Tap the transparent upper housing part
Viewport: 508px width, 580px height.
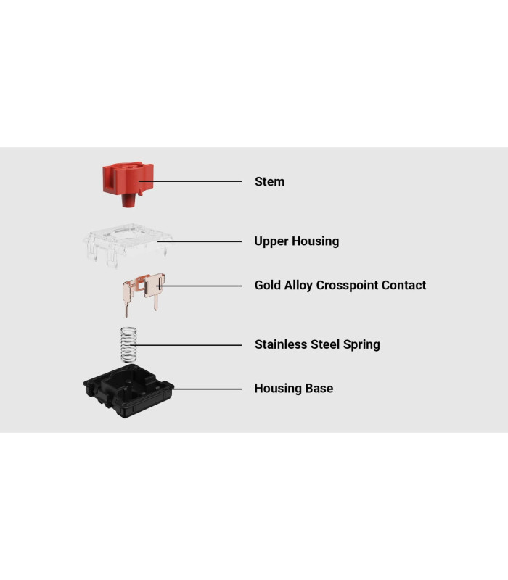128,244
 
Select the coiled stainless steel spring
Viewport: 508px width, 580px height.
128,345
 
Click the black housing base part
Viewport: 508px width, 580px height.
128,391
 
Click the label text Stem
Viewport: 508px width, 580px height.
269,182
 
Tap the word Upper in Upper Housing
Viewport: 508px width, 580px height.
271,241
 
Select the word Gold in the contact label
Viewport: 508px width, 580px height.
267,285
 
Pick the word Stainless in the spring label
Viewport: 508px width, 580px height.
281,344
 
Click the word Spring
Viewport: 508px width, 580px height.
361,345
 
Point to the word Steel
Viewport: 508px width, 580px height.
325,344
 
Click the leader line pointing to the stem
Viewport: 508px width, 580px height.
190,181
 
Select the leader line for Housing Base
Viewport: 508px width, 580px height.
207,389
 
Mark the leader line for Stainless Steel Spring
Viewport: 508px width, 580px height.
186,345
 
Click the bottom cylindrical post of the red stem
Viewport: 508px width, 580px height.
128,201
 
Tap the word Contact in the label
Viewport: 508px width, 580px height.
403,285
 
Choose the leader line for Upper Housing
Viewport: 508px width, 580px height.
199,241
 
